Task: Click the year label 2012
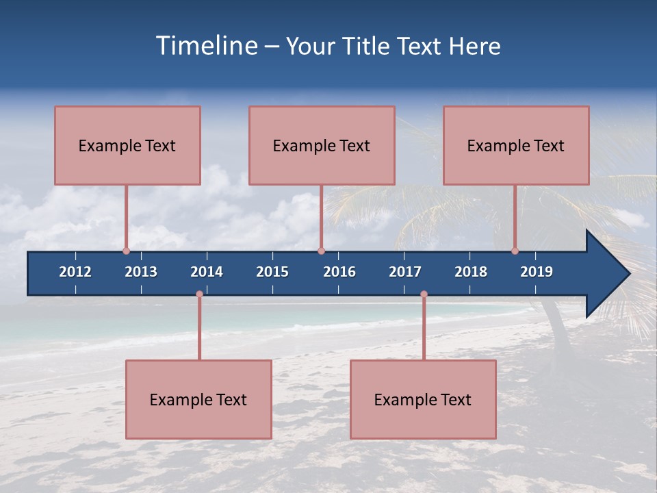pos(75,272)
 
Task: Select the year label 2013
pos(141,272)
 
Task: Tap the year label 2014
pos(207,272)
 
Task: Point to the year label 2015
pos(272,272)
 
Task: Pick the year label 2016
pos(339,272)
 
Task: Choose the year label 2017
pos(405,272)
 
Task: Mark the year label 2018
pos(471,272)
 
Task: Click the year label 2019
pos(537,272)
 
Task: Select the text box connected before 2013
pos(127,145)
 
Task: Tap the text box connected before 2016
pos(322,145)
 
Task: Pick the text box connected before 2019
pos(516,145)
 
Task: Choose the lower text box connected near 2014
pos(198,399)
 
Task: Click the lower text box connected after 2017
pos(423,399)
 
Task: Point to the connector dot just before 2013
pos(126,251)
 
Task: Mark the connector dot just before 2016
pos(321,251)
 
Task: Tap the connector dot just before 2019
pos(515,251)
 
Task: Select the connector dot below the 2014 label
pos(199,294)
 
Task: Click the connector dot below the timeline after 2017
pos(424,294)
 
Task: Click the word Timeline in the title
pos(205,46)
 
